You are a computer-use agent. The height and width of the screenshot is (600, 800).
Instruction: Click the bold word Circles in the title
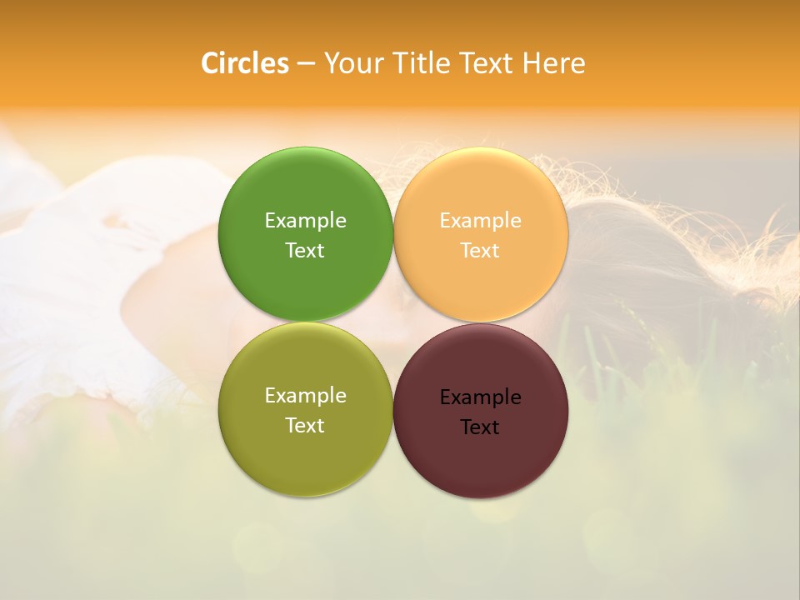[x=245, y=63]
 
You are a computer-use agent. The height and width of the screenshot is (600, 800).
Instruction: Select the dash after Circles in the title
[x=306, y=64]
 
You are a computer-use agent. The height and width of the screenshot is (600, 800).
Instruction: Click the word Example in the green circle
[x=305, y=221]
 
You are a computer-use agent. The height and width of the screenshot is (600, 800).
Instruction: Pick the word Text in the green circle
[x=305, y=251]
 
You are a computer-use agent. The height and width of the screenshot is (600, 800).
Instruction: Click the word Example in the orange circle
[x=480, y=221]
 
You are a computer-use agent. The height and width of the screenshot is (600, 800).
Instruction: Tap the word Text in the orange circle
[x=480, y=251]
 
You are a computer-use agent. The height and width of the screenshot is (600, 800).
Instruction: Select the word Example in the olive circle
[x=305, y=396]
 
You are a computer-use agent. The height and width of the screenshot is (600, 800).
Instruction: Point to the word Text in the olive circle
[x=305, y=426]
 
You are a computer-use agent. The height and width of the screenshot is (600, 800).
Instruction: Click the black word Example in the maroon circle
[x=480, y=397]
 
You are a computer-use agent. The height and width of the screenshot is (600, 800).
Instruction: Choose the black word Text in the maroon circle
[x=480, y=427]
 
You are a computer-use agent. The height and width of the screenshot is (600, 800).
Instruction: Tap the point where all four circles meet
[x=393, y=322]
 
